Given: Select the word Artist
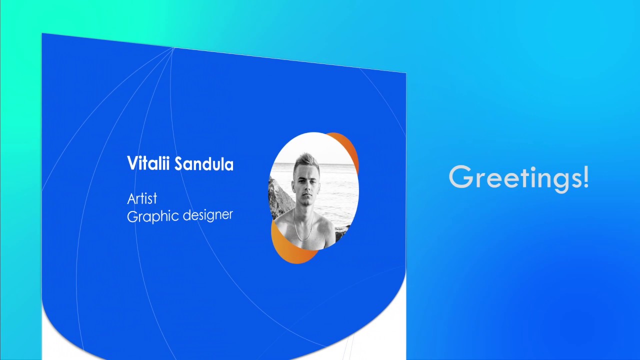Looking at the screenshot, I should [142, 199].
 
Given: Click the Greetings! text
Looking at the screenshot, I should [518, 177].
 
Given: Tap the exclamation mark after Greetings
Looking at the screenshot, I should [585, 177].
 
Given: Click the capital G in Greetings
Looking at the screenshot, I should [460, 177].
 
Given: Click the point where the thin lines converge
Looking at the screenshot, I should [173, 48].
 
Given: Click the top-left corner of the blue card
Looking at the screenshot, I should [43, 34].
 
